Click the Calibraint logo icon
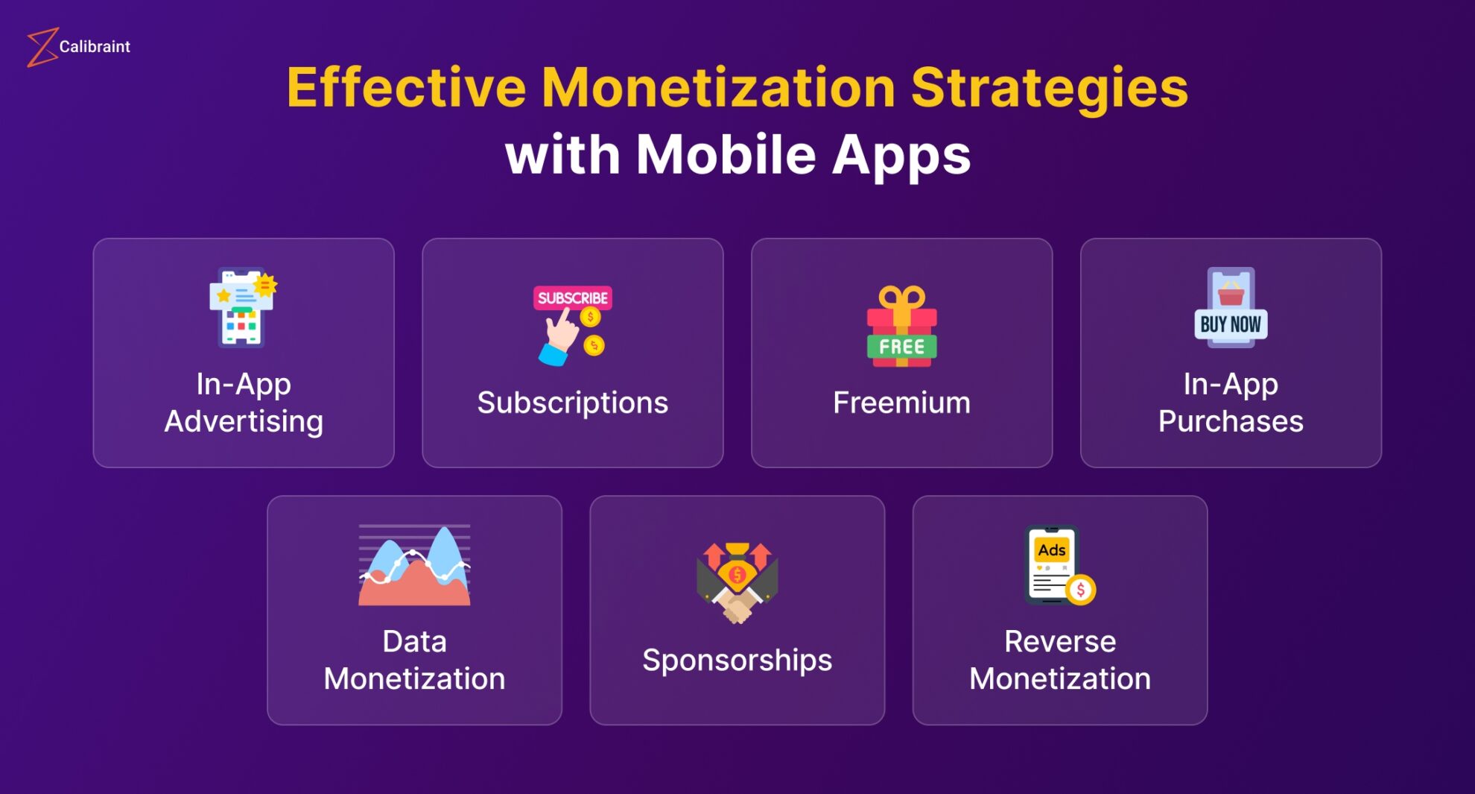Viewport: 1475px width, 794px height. coord(42,47)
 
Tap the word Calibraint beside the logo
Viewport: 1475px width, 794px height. coord(95,46)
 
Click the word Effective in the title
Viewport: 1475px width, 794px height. coord(406,87)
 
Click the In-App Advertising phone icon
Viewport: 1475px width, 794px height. coord(243,307)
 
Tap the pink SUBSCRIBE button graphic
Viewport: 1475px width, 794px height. coord(572,297)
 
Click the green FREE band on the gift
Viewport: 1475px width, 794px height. coord(901,347)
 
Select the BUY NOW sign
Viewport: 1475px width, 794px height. coord(1231,324)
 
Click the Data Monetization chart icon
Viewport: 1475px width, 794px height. coord(414,565)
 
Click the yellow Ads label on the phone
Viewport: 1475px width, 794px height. coord(1052,550)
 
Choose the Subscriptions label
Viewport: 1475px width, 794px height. coord(572,403)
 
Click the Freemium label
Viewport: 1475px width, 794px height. coord(901,403)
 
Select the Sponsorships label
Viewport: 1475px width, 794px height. coord(737,661)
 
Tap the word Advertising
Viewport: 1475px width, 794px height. coord(244,422)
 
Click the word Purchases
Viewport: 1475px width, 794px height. coord(1231,421)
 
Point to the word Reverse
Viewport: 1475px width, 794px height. coord(1060,641)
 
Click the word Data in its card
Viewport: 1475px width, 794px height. coord(414,641)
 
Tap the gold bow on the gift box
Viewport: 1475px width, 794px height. coord(901,299)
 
